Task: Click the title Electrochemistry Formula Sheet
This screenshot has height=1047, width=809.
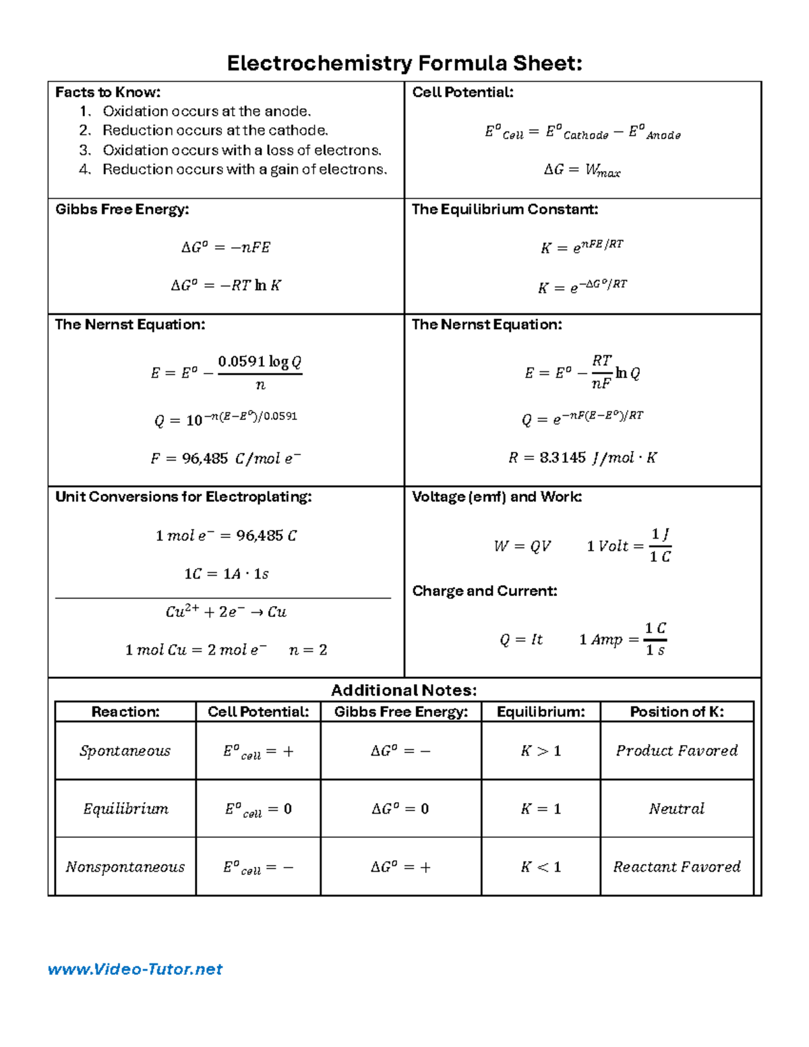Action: [404, 63]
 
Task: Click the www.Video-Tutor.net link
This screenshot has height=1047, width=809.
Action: [135, 969]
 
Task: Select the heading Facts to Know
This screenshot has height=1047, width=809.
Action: [108, 92]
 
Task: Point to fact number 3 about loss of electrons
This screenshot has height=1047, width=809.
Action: [241, 150]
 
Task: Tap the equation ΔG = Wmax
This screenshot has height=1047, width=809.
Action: [582, 171]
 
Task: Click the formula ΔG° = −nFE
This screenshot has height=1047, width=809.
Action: [225, 247]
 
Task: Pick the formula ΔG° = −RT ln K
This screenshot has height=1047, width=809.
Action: [225, 285]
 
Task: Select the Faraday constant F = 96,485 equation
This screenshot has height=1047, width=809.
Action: [225, 458]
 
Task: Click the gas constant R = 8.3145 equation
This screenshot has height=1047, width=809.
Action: [582, 458]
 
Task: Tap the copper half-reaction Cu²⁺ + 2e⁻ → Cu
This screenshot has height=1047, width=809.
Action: [225, 612]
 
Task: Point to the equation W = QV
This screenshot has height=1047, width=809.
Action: [522, 546]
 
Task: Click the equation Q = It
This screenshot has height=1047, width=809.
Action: [520, 639]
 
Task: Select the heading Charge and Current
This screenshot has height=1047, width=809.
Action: [484, 591]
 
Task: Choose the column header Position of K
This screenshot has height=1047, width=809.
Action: [676, 712]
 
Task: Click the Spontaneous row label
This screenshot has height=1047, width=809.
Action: [125, 751]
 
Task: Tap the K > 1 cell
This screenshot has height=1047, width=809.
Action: [541, 751]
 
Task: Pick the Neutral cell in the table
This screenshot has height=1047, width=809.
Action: [676, 809]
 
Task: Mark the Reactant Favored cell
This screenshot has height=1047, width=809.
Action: [676, 867]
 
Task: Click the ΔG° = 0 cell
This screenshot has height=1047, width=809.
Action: [400, 809]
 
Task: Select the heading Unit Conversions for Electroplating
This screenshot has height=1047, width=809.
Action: [183, 497]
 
